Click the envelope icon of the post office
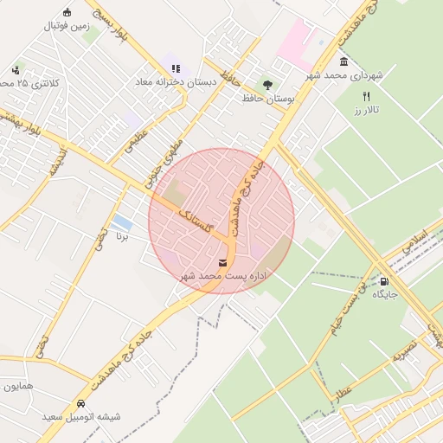224,262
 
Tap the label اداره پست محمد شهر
223,275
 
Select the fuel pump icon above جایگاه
384,281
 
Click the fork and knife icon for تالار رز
366,97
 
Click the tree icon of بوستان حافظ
267,85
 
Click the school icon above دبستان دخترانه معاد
176,68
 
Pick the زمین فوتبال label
68,26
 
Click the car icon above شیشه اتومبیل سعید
80,403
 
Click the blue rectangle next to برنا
122,222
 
